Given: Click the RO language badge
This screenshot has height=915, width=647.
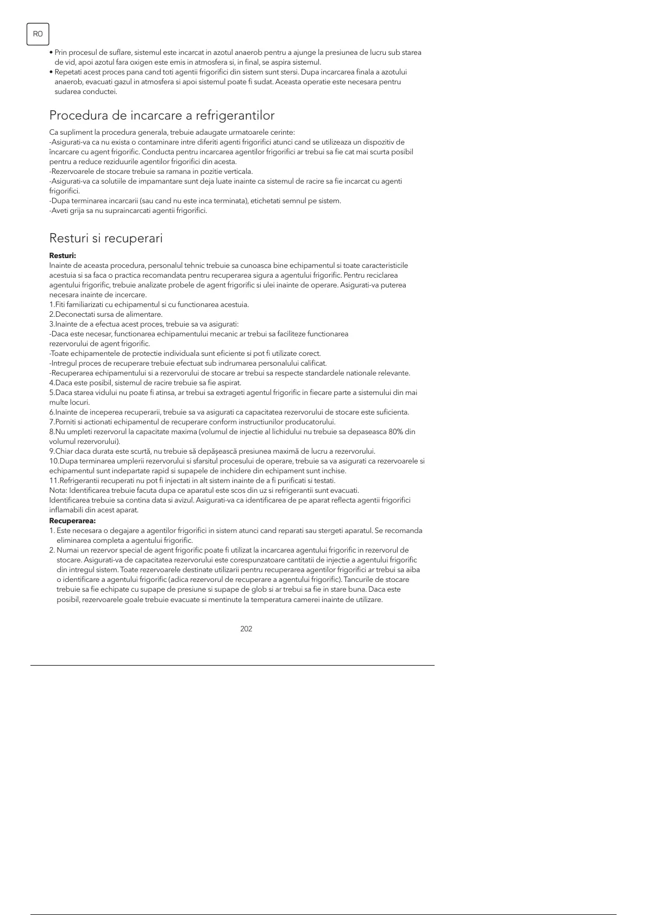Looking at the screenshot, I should click(37, 34).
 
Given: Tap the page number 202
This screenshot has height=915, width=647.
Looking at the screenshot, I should click(246, 629).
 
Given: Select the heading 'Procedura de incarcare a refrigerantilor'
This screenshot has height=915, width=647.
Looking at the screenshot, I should click(162, 115).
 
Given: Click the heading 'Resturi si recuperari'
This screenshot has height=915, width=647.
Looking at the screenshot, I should click(106, 238).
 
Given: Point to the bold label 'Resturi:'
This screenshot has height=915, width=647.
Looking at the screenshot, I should click(62, 255).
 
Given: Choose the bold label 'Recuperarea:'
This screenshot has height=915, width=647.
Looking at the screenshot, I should click(72, 521).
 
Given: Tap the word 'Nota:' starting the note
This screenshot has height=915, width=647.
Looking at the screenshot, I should click(58, 490).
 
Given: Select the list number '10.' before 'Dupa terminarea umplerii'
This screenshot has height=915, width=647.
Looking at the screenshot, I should click(54, 461).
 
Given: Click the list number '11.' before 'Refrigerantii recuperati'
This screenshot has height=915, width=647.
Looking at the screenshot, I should click(54, 480).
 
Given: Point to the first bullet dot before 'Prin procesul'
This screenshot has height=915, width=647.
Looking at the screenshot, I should click(51, 53).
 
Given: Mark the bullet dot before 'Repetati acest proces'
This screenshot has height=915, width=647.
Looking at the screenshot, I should click(51, 72).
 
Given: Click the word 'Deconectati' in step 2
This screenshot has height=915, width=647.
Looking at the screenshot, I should click(73, 314).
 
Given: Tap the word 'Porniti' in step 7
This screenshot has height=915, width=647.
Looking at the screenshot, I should click(66, 422).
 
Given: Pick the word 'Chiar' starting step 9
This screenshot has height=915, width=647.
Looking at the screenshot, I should click(64, 451).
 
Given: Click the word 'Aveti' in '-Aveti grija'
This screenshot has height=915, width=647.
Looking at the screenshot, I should click(60, 210).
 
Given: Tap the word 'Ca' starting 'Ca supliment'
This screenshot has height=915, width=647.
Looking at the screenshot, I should click(53, 132).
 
